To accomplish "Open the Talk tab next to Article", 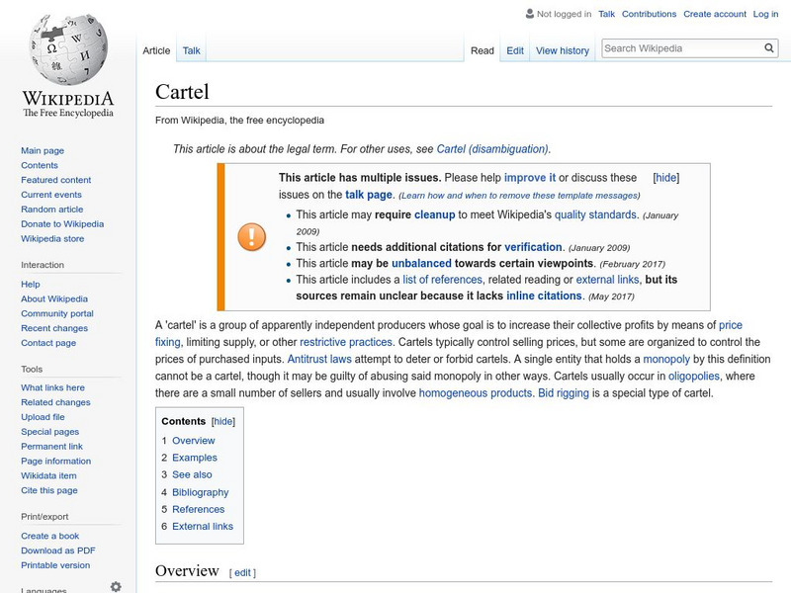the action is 191,50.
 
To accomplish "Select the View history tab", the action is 562,50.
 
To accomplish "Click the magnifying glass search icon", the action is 769,47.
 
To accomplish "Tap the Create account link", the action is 715,14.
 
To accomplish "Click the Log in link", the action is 765,14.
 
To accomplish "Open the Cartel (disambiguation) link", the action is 491,149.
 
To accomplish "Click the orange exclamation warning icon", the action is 251,236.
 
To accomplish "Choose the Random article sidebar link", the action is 52,210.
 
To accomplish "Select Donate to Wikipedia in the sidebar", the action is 62,224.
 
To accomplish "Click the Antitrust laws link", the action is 318,359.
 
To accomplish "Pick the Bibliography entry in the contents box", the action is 200,492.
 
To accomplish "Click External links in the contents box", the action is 203,527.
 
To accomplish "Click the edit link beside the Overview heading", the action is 243,572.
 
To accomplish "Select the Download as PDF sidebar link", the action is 58,551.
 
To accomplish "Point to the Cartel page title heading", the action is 182,92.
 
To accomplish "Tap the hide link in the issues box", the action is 666,178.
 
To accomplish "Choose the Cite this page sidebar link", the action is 49,490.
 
